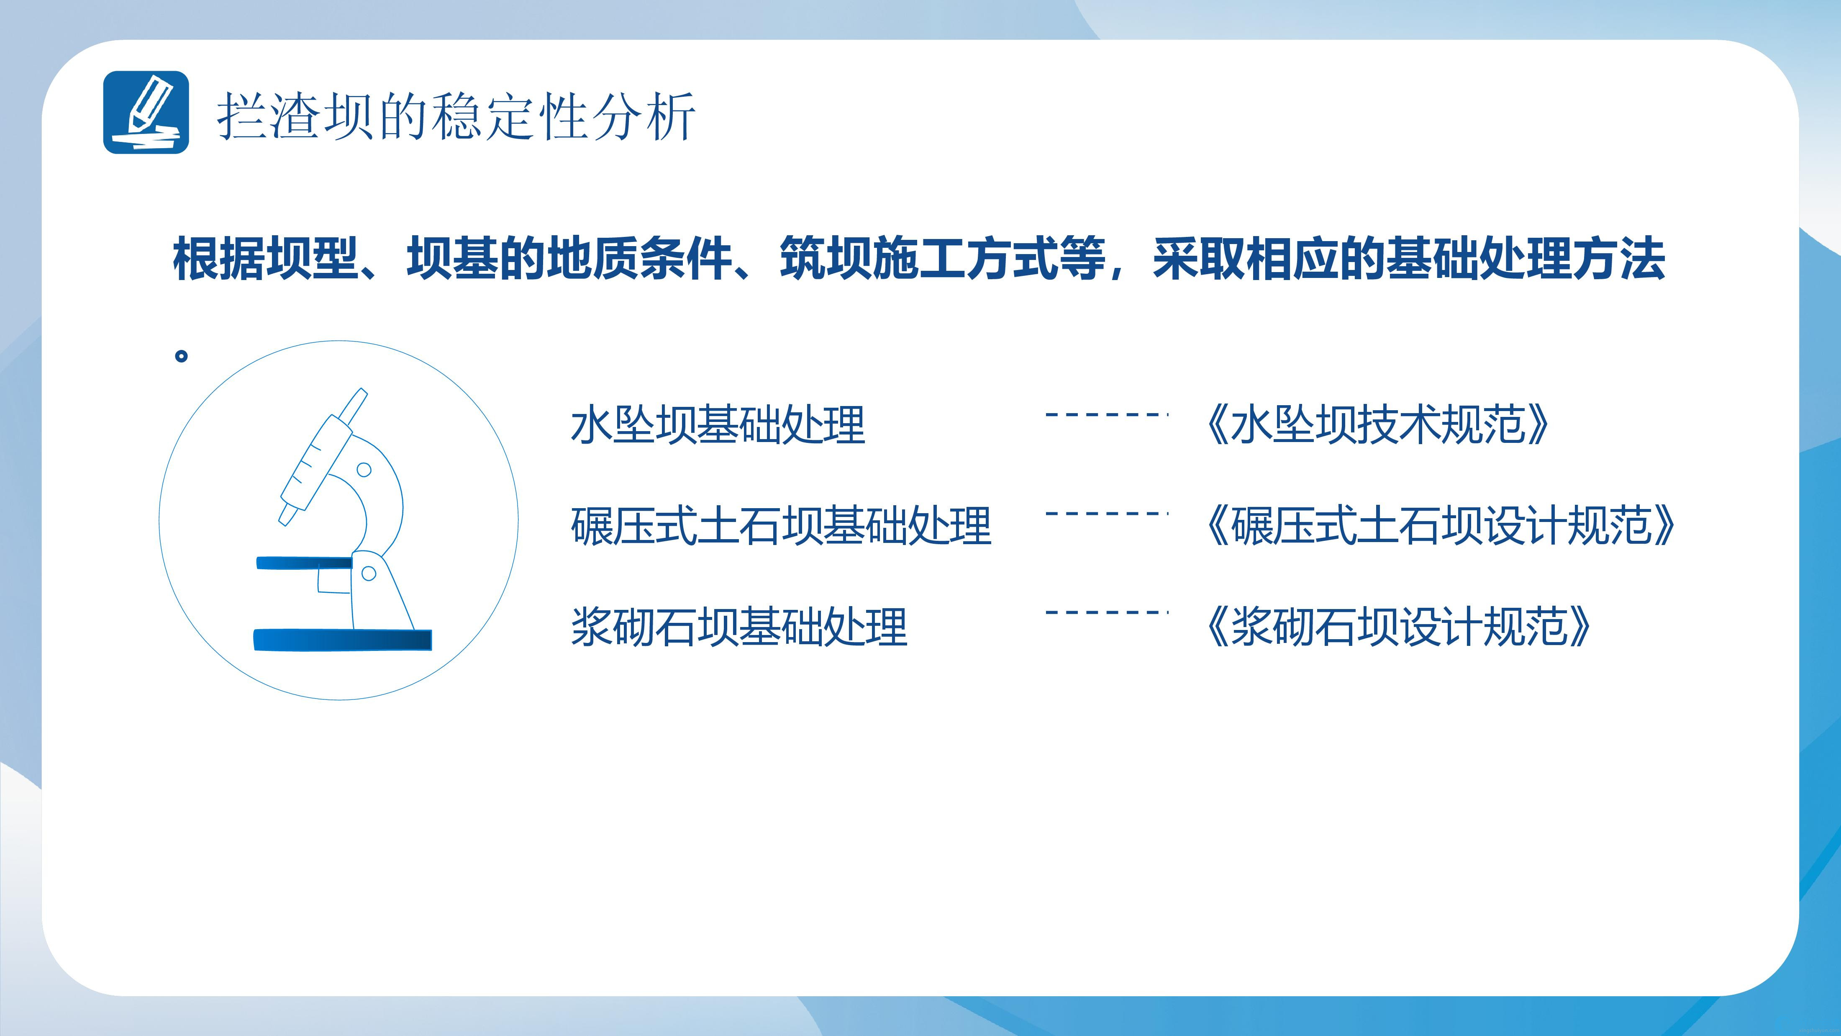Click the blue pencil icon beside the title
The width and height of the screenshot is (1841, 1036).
tap(146, 112)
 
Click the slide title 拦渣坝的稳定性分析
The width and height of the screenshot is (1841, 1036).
tap(456, 116)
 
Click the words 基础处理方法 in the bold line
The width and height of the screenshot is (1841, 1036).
tap(1526, 258)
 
